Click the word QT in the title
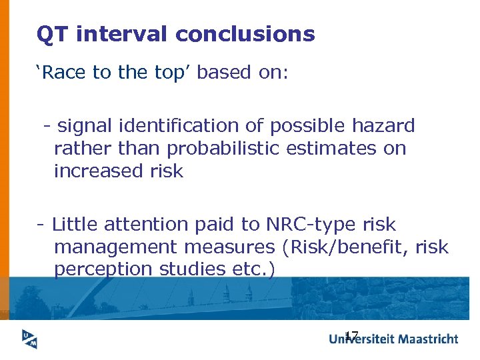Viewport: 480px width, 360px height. [53, 34]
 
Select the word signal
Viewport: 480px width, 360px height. [85, 125]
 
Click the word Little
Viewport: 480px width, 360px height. [77, 225]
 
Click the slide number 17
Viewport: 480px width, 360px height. [351, 335]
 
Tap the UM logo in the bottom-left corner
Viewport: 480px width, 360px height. [28, 339]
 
